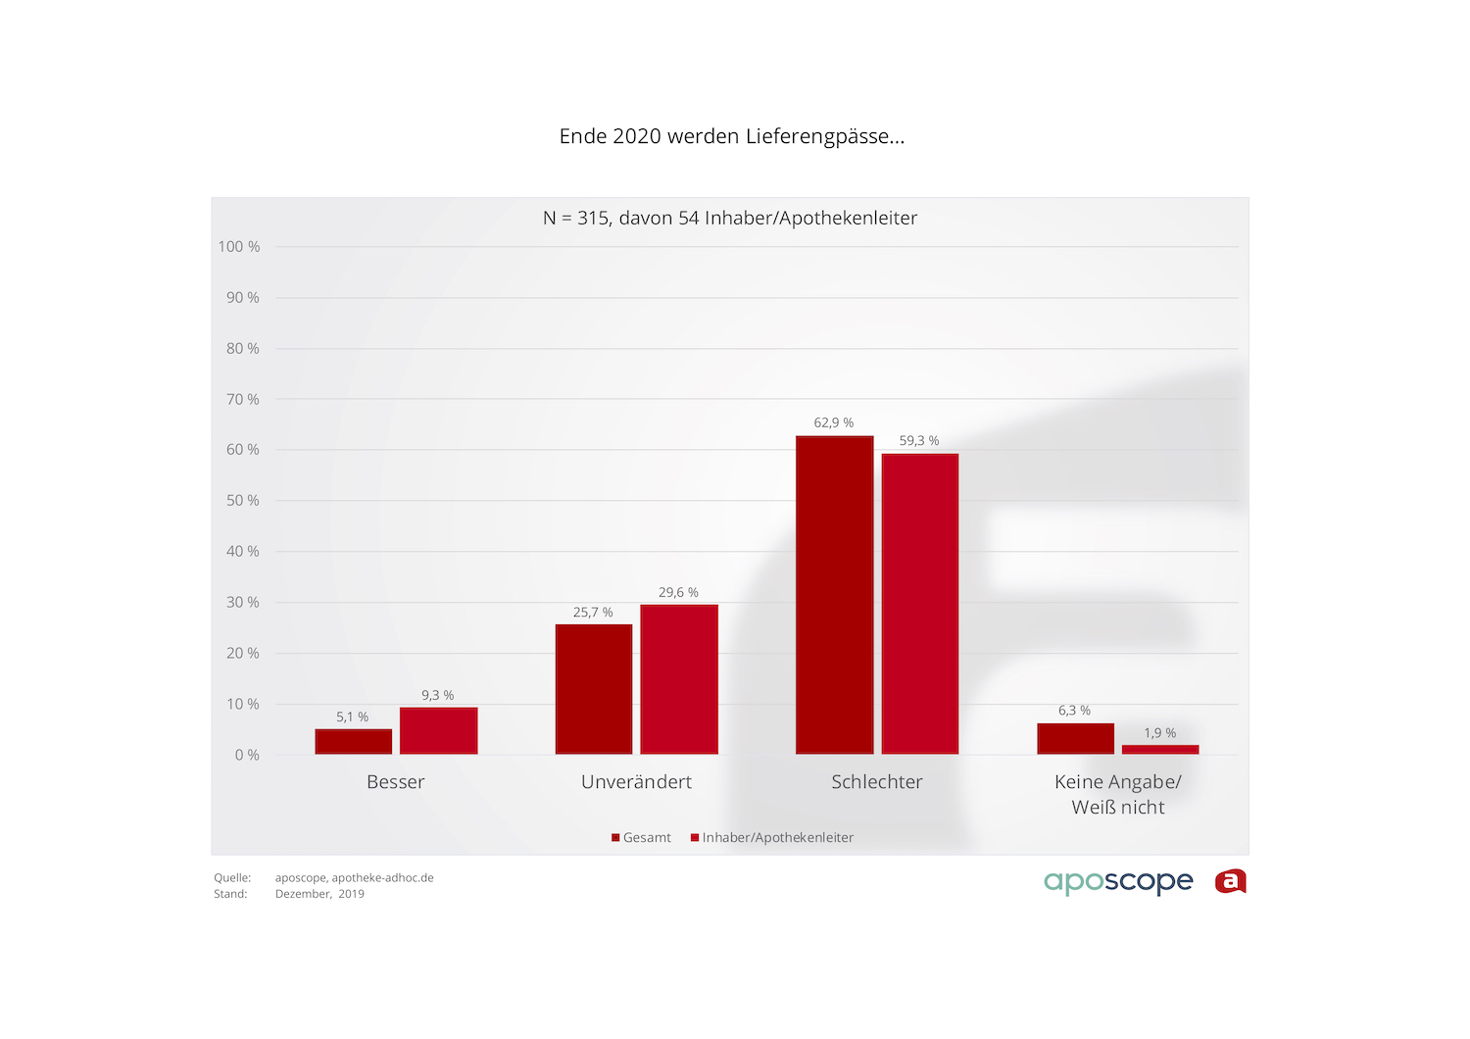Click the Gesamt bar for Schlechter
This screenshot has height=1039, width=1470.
834,595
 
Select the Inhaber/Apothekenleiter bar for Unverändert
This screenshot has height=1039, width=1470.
679,679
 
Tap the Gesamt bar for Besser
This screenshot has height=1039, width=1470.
353,742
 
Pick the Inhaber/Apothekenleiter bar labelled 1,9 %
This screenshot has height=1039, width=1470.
1160,750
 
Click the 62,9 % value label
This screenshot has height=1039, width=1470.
833,422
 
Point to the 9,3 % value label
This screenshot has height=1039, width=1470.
437,695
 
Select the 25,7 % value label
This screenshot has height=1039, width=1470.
593,613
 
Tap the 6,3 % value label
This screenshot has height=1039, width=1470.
1074,711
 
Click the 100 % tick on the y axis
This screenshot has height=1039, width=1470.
239,247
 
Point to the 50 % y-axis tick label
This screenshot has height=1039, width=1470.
242,501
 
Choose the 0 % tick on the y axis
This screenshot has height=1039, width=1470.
247,755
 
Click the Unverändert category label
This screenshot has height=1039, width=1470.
636,782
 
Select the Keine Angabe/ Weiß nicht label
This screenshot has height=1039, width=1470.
1118,795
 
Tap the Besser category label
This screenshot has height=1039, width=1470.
396,782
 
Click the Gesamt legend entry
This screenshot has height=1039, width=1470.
642,838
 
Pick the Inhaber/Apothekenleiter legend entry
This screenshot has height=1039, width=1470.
772,838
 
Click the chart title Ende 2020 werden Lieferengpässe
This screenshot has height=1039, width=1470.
731,136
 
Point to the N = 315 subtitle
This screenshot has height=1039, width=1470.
730,219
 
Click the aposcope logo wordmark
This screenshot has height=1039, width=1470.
1118,881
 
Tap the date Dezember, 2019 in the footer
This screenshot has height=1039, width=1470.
319,894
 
